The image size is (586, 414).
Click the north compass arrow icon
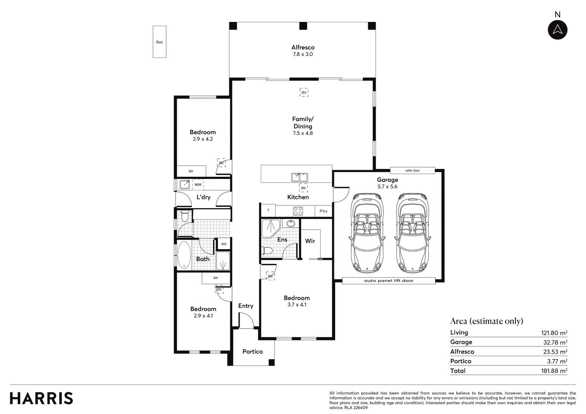click(x=557, y=30)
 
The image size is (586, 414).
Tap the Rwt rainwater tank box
click(x=160, y=42)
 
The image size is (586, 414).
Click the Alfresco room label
click(x=303, y=48)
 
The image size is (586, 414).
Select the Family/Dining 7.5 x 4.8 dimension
click(x=303, y=133)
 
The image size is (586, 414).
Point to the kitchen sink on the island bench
click(x=300, y=177)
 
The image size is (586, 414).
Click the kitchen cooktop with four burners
click(x=298, y=211)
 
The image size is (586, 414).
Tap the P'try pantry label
click(x=323, y=211)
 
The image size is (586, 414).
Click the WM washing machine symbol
click(x=198, y=184)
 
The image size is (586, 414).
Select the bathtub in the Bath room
click(x=184, y=255)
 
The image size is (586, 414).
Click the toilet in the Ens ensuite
click(x=267, y=251)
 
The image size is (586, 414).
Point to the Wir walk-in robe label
click(x=310, y=241)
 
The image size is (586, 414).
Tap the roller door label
click(x=412, y=171)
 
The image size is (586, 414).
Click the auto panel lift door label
click(x=388, y=281)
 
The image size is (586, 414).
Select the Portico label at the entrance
click(x=252, y=352)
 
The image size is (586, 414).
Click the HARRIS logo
click(x=41, y=398)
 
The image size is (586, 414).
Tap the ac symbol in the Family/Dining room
click(x=304, y=92)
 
